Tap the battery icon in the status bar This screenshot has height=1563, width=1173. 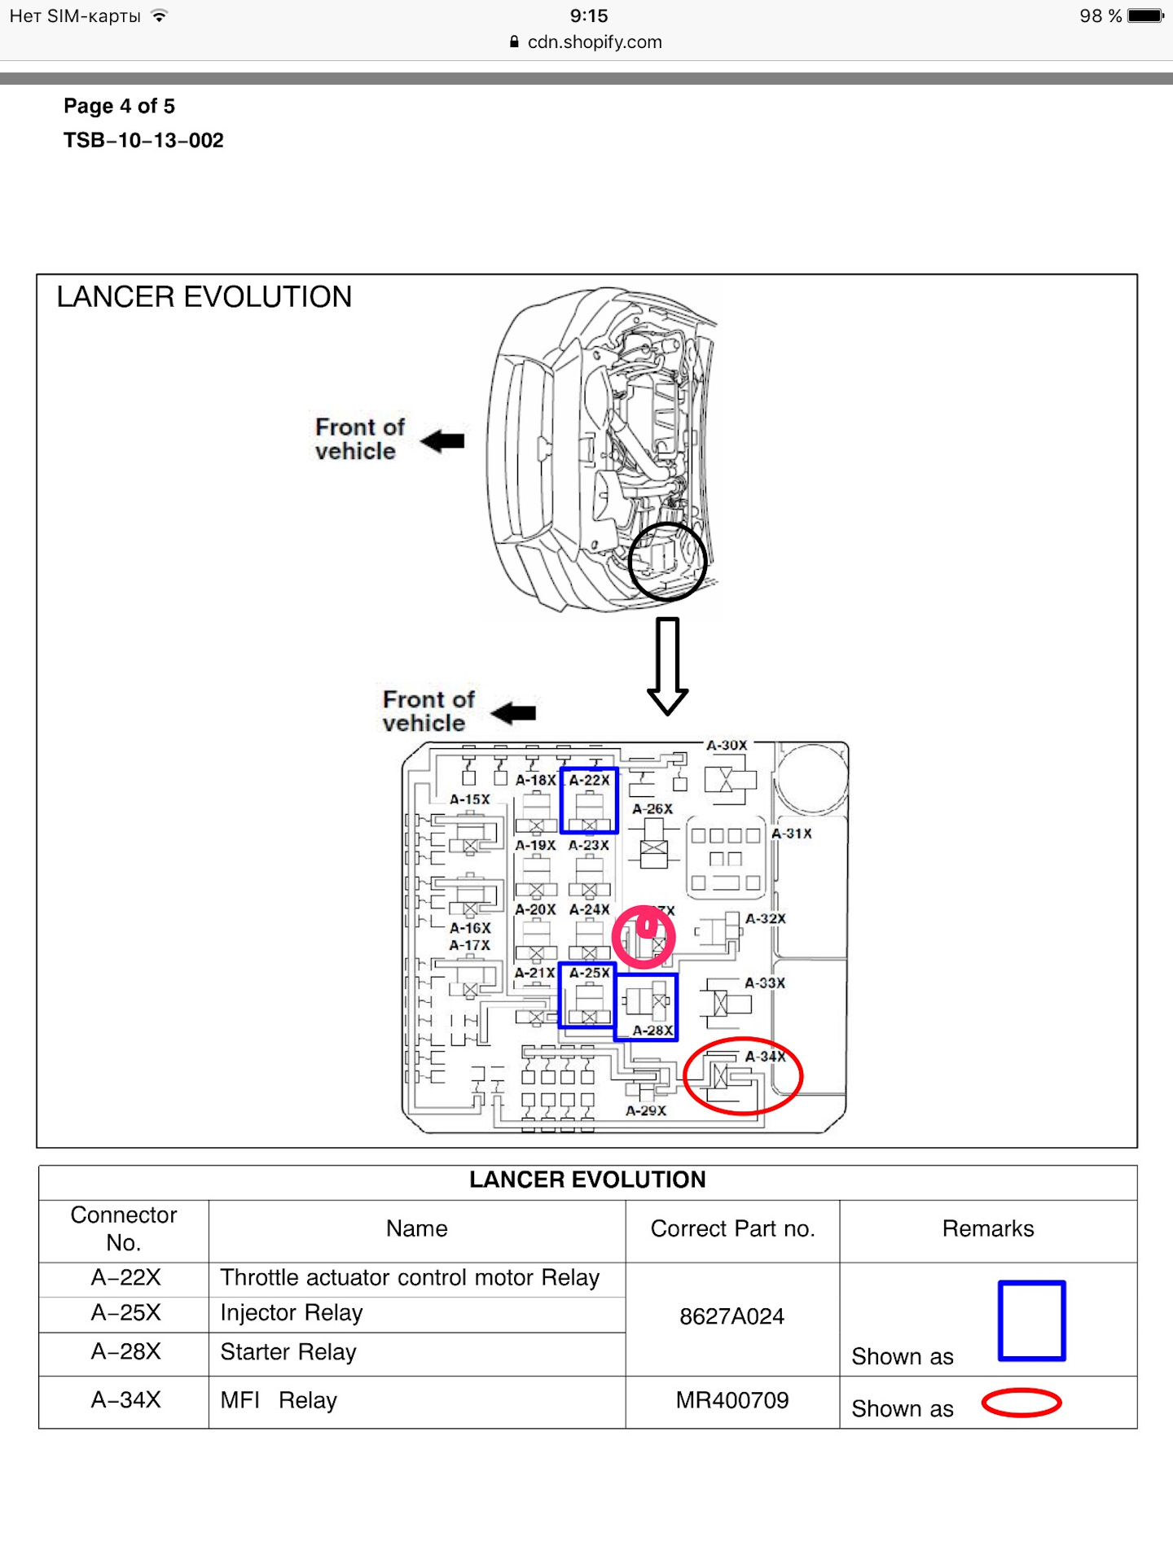[x=1145, y=16]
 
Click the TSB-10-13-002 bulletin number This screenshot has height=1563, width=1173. [x=143, y=141]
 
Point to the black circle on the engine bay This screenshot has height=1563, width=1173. [x=667, y=562]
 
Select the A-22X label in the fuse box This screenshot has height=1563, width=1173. [x=589, y=781]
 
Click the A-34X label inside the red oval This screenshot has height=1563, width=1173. [x=765, y=1057]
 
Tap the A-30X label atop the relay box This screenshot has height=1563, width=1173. [x=726, y=746]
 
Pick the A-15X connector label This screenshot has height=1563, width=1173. [x=470, y=800]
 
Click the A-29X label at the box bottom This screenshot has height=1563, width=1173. [x=646, y=1111]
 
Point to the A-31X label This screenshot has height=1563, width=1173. [x=791, y=834]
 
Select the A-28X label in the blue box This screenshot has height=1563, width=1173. [x=652, y=1031]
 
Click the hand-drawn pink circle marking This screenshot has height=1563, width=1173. [x=644, y=937]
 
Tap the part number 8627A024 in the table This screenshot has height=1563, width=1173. [x=731, y=1317]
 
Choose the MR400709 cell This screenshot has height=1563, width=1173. [x=731, y=1401]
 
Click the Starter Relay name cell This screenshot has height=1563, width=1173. [x=288, y=1353]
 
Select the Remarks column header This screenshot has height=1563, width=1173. [x=987, y=1229]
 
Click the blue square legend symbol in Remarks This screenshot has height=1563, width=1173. [x=1031, y=1320]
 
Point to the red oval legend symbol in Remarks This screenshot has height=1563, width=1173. [x=1021, y=1403]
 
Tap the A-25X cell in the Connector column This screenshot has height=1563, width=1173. [x=125, y=1313]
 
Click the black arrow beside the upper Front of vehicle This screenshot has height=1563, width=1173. [x=444, y=441]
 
